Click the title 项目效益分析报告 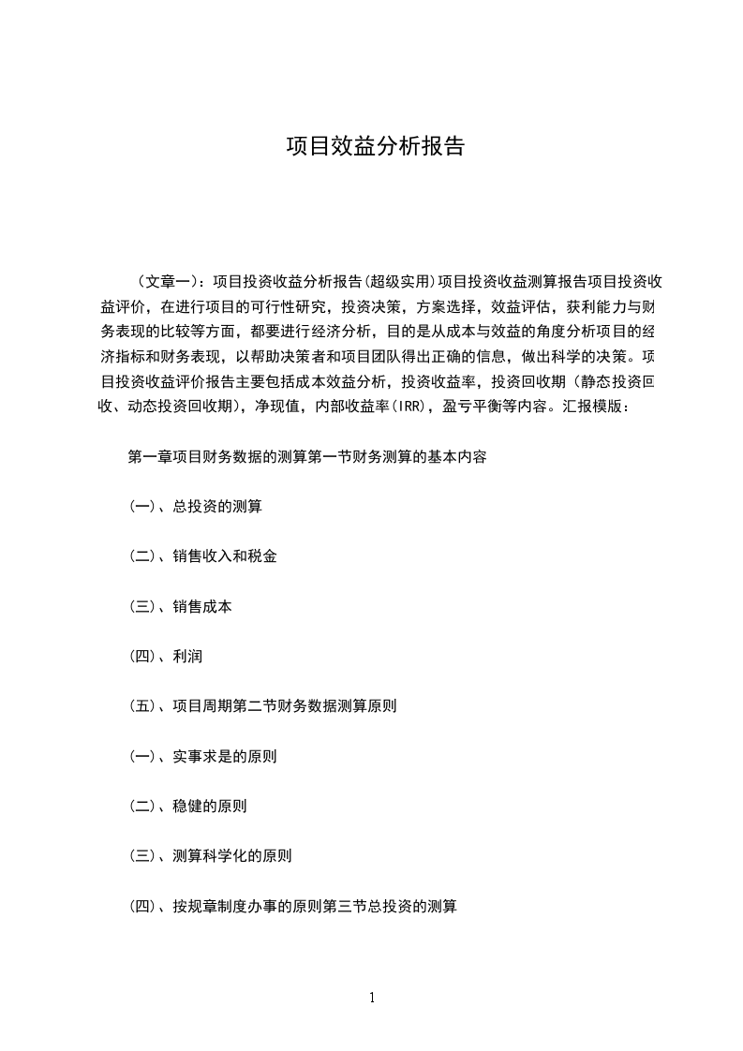[x=375, y=147]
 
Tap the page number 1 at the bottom [x=372, y=998]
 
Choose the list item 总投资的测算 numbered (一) [x=217, y=508]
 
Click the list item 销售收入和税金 [x=225, y=556]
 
